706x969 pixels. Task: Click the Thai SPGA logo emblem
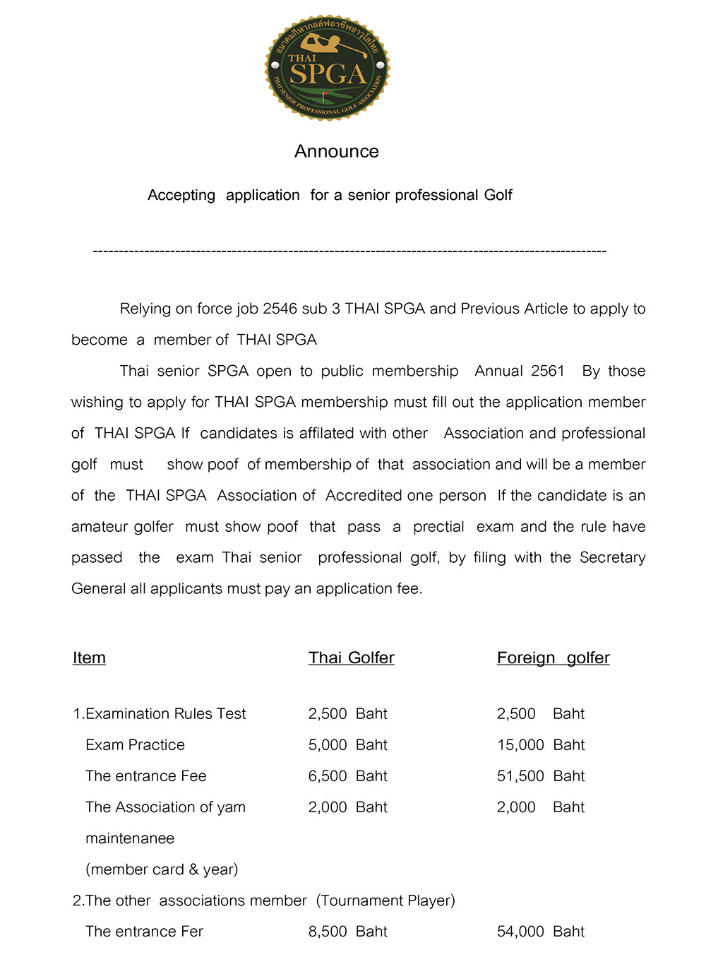point(327,68)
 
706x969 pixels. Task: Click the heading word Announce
point(337,152)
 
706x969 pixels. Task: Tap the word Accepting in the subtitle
point(181,196)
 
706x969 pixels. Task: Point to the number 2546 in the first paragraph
point(280,309)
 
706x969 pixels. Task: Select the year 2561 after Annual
point(548,371)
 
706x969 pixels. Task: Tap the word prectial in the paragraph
point(438,526)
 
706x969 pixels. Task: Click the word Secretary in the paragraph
point(612,557)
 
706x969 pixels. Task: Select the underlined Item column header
point(89,658)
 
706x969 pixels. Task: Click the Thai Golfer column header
point(351,658)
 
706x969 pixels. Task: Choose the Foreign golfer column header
point(553,658)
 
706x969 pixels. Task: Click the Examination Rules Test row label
point(160,714)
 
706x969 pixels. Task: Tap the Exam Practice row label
point(135,745)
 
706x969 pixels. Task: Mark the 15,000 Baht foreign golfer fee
point(541,745)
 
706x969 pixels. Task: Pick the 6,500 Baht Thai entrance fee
point(347,776)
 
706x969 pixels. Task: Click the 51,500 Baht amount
point(541,776)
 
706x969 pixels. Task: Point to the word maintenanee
point(130,838)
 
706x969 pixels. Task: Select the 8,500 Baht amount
point(347,932)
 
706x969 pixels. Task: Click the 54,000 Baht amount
point(541,932)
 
